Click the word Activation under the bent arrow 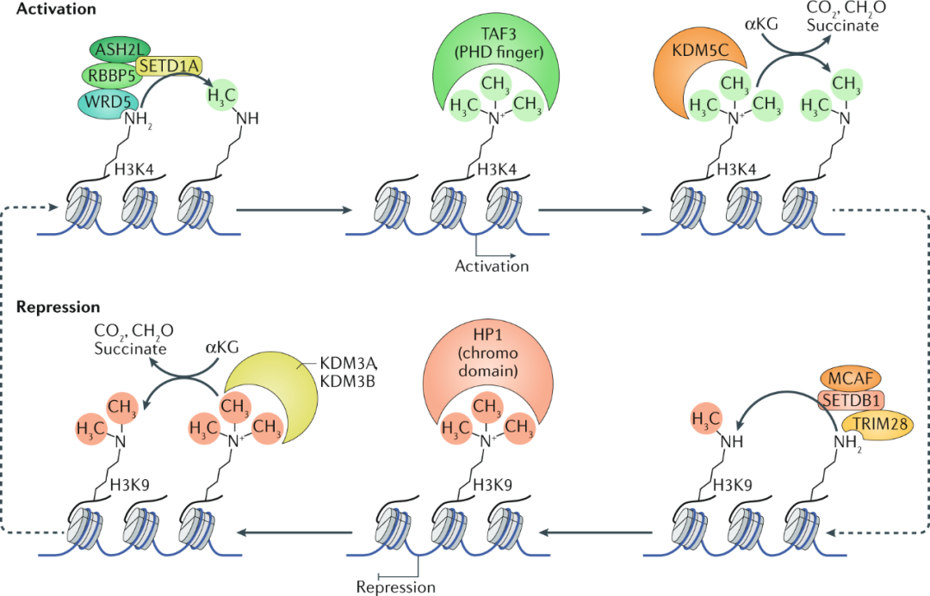click(492, 266)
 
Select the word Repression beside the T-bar click(397, 587)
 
